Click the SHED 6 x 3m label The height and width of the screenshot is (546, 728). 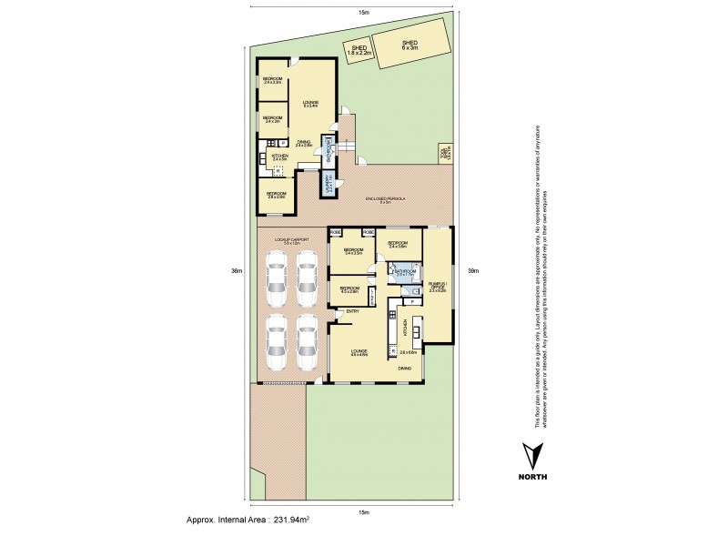(x=409, y=45)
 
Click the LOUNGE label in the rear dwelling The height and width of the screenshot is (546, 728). (x=309, y=104)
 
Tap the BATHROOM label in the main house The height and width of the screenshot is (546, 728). (x=405, y=272)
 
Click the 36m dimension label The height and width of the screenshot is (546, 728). (x=236, y=271)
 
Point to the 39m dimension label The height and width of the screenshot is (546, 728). (x=471, y=271)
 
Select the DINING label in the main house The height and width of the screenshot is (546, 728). (x=403, y=368)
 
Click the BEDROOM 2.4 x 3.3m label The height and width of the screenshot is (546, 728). (x=272, y=81)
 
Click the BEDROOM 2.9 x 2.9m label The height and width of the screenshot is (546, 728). (x=277, y=195)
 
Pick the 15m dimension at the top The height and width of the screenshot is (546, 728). (x=364, y=13)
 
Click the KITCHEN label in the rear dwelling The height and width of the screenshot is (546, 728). (x=279, y=157)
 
